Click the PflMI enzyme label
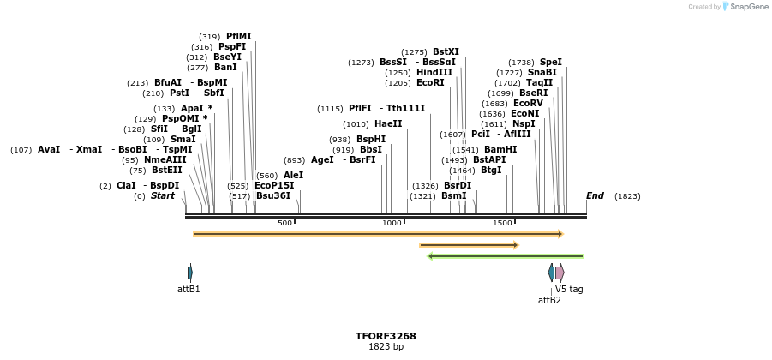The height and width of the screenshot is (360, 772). pyautogui.click(x=239, y=36)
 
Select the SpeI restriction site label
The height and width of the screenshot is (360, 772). pyautogui.click(x=551, y=62)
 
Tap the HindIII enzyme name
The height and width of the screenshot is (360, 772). pyautogui.click(x=434, y=73)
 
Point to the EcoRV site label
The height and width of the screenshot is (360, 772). pyautogui.click(x=528, y=103)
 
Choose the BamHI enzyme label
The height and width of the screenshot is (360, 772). pyautogui.click(x=500, y=149)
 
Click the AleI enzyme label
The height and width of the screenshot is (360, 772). pyautogui.click(x=293, y=175)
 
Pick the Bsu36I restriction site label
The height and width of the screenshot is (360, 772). pyautogui.click(x=273, y=195)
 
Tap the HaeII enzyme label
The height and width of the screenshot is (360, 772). pyautogui.click(x=388, y=123)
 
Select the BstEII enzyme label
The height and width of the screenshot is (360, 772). pyautogui.click(x=166, y=170)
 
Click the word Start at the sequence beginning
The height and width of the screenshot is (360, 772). pyautogui.click(x=163, y=195)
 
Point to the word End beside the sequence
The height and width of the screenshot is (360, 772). pyautogui.click(x=595, y=195)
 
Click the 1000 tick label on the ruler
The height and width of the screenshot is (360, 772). pyautogui.click(x=392, y=223)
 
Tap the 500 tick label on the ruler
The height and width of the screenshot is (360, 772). pyautogui.click(x=284, y=223)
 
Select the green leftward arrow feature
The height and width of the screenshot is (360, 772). pyautogui.click(x=506, y=255)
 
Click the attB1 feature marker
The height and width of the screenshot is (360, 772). pyautogui.click(x=190, y=273)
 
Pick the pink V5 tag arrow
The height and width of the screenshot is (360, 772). pyautogui.click(x=560, y=273)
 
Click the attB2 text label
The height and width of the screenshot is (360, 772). pyautogui.click(x=549, y=300)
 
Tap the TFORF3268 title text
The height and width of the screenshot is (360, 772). pyautogui.click(x=386, y=336)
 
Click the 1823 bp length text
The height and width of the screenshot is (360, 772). pyautogui.click(x=386, y=347)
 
